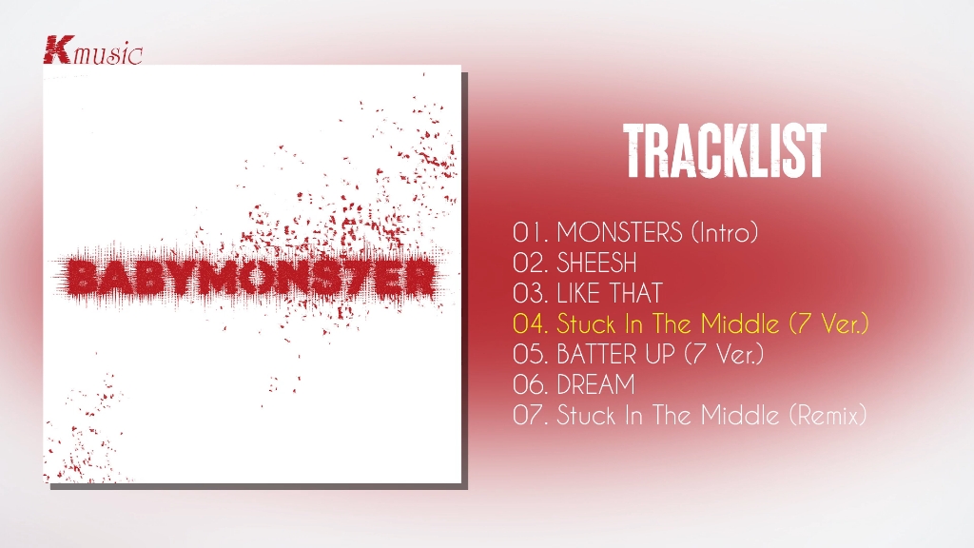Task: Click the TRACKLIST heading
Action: click(x=725, y=151)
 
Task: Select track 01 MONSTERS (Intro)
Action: click(x=635, y=232)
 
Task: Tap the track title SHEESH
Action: click(x=596, y=263)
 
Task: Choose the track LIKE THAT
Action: click(x=610, y=293)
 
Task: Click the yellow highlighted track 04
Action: click(x=691, y=323)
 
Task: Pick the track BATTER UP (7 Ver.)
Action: click(x=660, y=354)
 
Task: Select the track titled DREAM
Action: click(x=595, y=384)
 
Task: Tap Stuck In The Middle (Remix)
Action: click(x=711, y=415)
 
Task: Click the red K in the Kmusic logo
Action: click(x=58, y=49)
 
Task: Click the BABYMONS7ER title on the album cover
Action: click(x=250, y=278)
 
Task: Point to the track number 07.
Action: click(x=530, y=415)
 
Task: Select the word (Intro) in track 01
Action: click(x=725, y=232)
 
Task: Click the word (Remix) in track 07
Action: click(x=828, y=415)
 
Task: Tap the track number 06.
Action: click(x=530, y=384)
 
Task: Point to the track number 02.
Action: click(x=530, y=263)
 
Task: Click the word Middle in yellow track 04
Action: click(x=740, y=323)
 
